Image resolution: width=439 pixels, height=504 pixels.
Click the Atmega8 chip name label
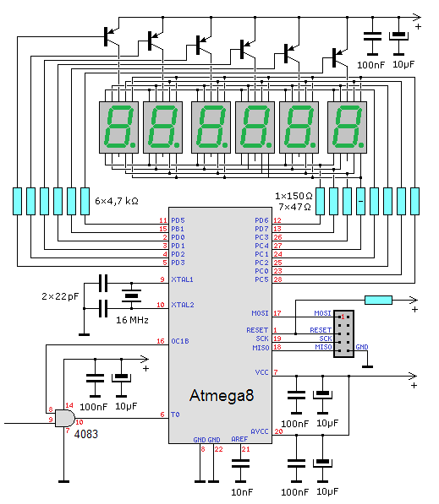(222, 396)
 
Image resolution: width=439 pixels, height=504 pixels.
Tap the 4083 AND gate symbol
(65, 418)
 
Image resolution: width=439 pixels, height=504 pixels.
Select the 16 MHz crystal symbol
(131, 295)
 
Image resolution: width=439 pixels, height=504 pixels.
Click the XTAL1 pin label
(182, 279)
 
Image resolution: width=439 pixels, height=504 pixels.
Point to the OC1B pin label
(180, 341)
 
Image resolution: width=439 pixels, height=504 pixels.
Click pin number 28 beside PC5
(277, 279)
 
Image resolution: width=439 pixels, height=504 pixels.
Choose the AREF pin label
(239, 439)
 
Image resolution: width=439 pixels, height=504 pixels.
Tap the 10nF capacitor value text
(242, 492)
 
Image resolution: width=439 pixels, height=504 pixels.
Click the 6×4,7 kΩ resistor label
(117, 201)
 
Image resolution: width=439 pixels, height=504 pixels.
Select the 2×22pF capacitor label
(60, 296)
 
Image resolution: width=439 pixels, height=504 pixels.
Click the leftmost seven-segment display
(119, 127)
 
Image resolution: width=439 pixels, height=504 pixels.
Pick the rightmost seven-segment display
(347, 127)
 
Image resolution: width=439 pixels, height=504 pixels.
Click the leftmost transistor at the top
(112, 36)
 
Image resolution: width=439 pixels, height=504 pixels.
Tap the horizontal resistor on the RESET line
(378, 301)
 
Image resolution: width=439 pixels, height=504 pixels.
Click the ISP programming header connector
(344, 333)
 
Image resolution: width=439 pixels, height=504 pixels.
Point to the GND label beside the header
(362, 347)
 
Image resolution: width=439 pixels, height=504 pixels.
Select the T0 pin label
(175, 415)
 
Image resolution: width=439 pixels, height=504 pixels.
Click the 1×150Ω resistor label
(294, 196)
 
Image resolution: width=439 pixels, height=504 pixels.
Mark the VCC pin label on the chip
(261, 372)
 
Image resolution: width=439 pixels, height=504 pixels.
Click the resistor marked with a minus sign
(360, 201)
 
